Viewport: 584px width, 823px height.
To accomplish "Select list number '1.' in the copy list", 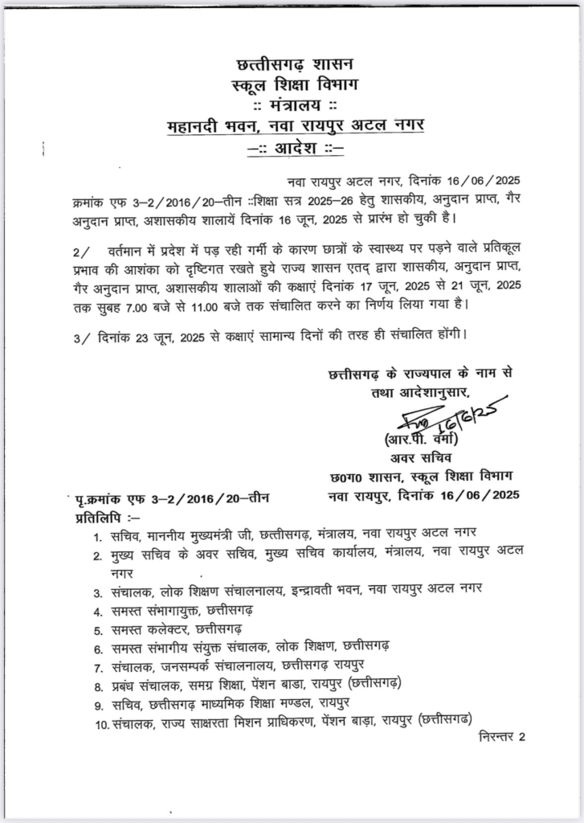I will click(x=96, y=536).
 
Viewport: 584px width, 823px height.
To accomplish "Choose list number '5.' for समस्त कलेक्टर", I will click(x=96, y=631).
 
